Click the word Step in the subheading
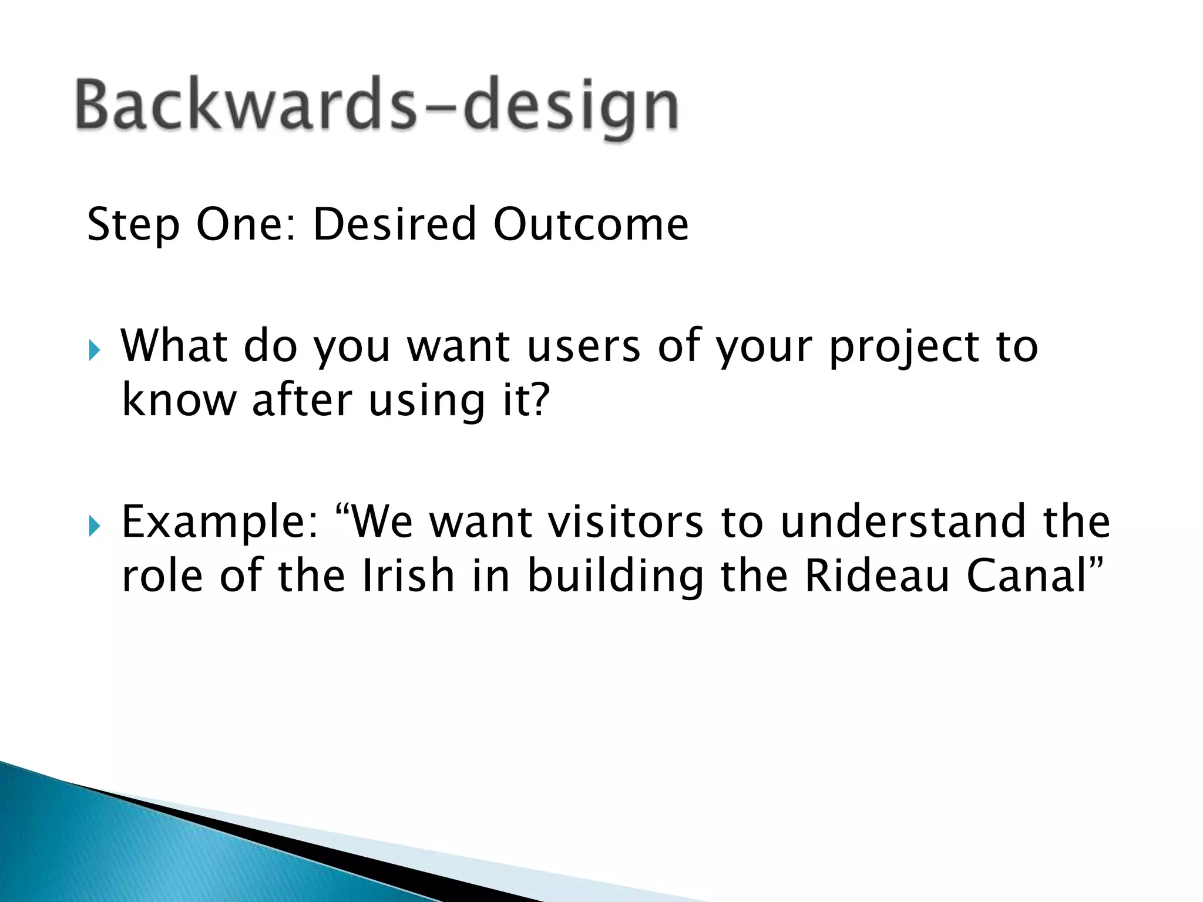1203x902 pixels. click(x=133, y=225)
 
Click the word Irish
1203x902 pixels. click(x=408, y=575)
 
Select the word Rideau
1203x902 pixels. click(x=876, y=575)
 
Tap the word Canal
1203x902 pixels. click(x=1027, y=575)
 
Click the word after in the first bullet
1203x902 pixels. click(x=301, y=400)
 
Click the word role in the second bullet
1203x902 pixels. click(x=162, y=575)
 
